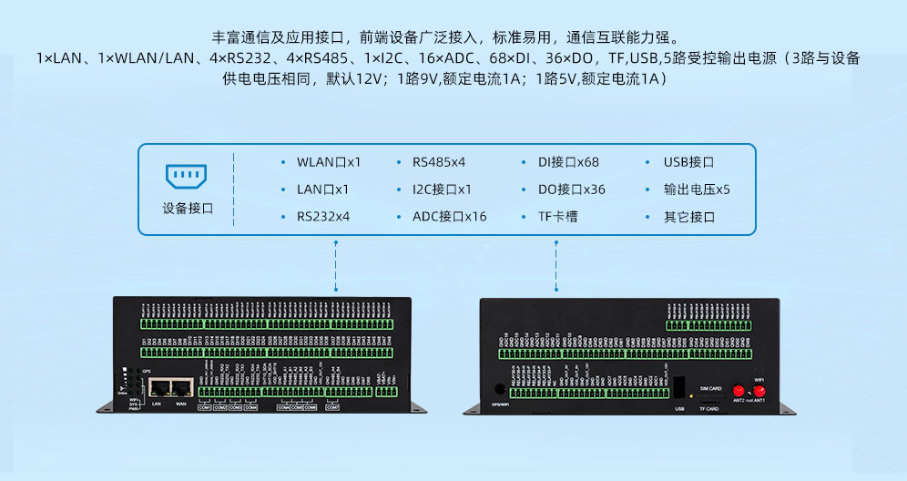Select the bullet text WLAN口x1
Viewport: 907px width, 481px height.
[329, 162]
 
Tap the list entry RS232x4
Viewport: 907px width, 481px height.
[323, 217]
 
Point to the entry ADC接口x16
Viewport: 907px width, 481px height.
[449, 217]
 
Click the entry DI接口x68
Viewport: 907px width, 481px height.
[568, 162]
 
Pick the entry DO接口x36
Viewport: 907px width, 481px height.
[571, 189]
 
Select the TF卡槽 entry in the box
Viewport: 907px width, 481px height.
[557, 217]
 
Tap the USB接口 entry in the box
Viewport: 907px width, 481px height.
[689, 162]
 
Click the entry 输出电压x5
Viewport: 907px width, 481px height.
[697, 189]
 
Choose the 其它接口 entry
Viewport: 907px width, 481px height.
[689, 217]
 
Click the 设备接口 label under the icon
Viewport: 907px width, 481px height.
[188, 208]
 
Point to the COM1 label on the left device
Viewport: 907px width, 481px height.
[205, 407]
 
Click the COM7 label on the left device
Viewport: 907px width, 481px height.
[332, 407]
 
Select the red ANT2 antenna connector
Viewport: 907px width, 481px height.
[739, 390]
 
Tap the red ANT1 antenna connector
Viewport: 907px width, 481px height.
[759, 390]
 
